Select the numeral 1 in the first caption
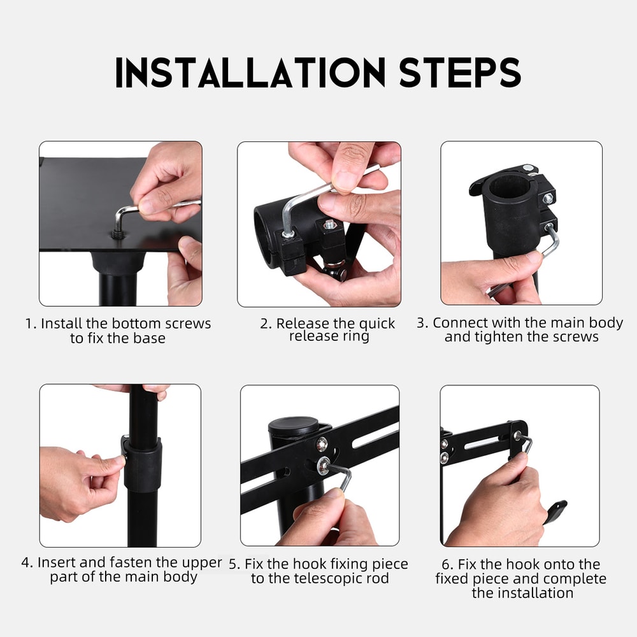click(29, 324)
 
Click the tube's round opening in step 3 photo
click(510, 188)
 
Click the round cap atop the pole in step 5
click(294, 426)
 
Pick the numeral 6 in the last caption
click(445, 564)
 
